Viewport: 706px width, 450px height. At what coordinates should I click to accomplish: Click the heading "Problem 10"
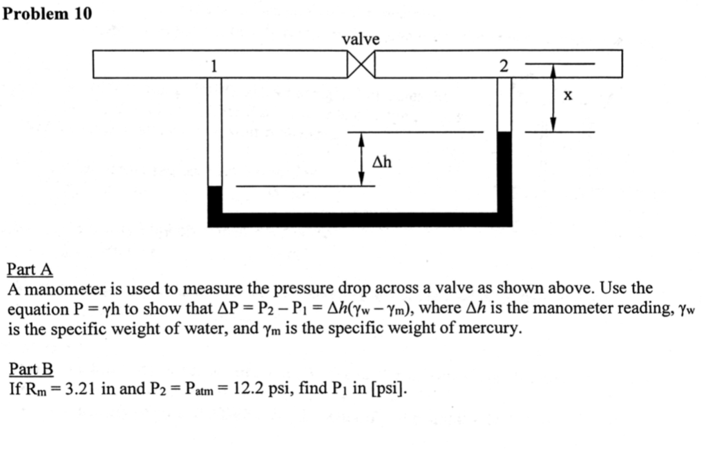pyautogui.click(x=47, y=13)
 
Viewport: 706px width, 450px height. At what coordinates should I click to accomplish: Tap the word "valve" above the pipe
pyautogui.click(x=361, y=39)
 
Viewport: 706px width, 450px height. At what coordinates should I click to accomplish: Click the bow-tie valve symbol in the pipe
pyautogui.click(x=361, y=65)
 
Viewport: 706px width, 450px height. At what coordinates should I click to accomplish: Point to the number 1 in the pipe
pyautogui.click(x=214, y=66)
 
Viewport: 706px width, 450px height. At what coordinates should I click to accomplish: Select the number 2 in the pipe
pyautogui.click(x=503, y=66)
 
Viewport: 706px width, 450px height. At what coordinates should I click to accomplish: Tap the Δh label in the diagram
pyautogui.click(x=382, y=162)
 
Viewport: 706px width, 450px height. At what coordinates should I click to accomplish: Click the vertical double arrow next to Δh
pyautogui.click(x=361, y=159)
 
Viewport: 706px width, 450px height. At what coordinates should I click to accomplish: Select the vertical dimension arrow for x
pyautogui.click(x=553, y=97)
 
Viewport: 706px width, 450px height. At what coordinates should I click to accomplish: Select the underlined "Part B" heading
pyautogui.click(x=30, y=370)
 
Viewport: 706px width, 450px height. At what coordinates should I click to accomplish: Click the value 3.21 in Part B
pyautogui.click(x=81, y=389)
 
